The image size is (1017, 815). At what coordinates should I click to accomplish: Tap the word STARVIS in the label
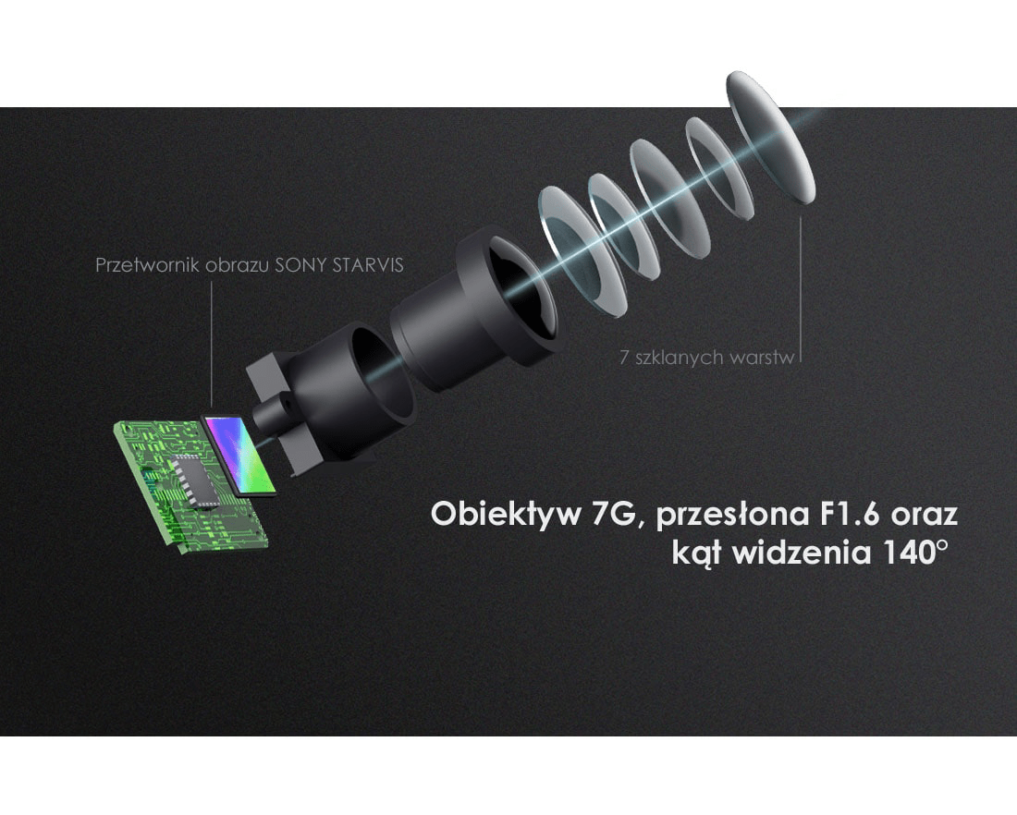pos(368,265)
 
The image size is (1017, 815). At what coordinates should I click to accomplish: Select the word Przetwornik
pos(147,265)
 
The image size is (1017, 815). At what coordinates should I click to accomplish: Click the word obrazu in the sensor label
pos(238,265)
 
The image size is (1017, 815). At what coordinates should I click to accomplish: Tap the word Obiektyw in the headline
pos(506,515)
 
